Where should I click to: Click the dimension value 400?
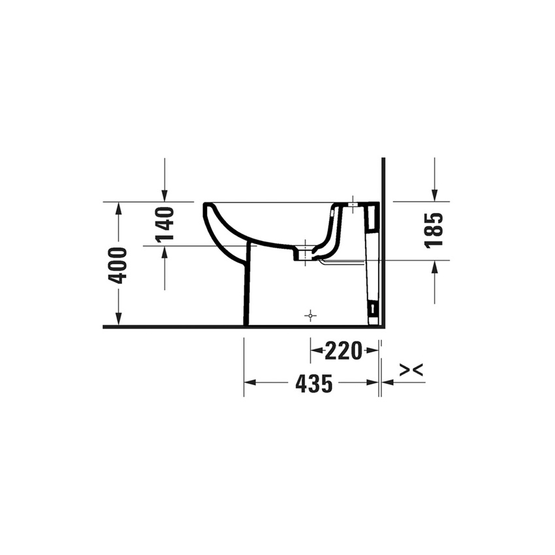[118, 264]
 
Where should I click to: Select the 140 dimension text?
[165, 223]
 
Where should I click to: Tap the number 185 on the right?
[434, 230]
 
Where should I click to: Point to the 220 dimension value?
[343, 351]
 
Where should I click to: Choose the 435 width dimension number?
[313, 384]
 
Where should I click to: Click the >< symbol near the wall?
[411, 370]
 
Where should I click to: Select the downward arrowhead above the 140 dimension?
[165, 195]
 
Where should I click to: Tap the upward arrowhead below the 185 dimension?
[434, 267]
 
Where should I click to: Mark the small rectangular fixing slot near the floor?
[373, 308]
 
